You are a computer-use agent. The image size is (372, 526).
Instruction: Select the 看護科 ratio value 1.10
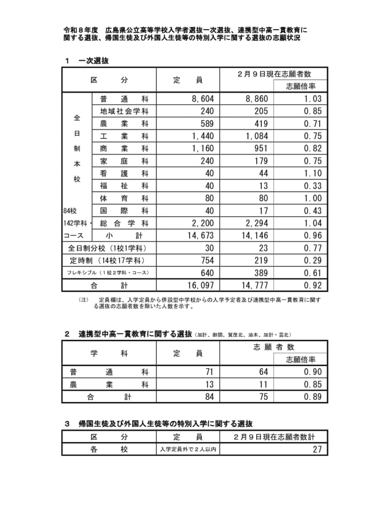point(312,174)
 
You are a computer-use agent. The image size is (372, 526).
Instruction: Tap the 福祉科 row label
point(124,186)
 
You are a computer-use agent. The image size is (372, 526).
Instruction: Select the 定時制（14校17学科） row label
point(108,260)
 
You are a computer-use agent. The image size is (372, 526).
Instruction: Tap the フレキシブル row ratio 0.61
point(312,273)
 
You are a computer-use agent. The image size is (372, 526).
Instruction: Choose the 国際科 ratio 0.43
point(312,211)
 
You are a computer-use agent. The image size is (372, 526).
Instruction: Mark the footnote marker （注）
point(84,299)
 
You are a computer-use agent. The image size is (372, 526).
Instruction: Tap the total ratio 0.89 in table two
point(312,397)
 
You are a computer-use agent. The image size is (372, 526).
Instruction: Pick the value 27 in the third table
point(317,449)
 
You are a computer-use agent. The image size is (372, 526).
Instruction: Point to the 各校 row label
point(108,449)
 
